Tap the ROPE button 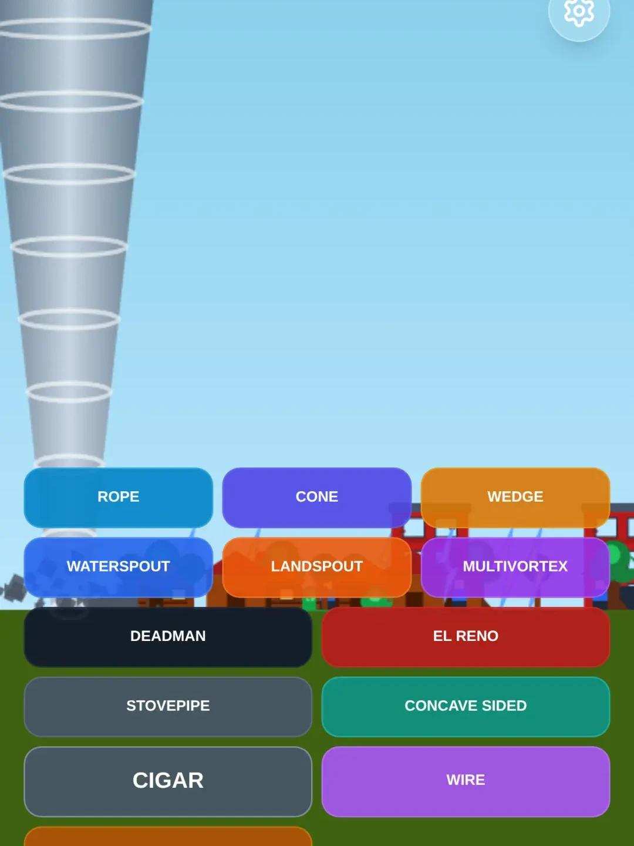click(118, 497)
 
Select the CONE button click(317, 497)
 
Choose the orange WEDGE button click(515, 497)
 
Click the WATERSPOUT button click(118, 567)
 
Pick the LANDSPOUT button click(317, 567)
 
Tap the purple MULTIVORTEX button click(515, 567)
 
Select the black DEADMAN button click(168, 637)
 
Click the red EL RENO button click(466, 637)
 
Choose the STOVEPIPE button click(168, 707)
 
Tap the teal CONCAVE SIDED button click(466, 707)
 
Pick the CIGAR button click(168, 781)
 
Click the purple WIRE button click(466, 781)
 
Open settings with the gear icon click(579, 12)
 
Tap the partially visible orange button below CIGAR click(168, 837)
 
